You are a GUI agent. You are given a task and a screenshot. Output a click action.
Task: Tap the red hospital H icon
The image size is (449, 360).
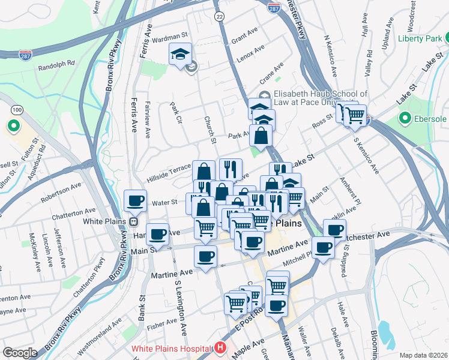click(221, 347)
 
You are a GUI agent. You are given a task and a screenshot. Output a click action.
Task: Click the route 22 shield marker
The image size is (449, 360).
click(220, 17)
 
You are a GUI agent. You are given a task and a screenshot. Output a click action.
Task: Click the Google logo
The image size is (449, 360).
click(20, 352)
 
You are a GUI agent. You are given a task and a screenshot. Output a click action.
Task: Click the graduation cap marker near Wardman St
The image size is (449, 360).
click(180, 54)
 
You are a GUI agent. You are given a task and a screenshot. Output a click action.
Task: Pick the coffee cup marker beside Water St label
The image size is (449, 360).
click(136, 200)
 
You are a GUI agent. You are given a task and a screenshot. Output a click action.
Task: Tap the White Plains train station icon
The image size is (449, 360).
click(131, 221)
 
